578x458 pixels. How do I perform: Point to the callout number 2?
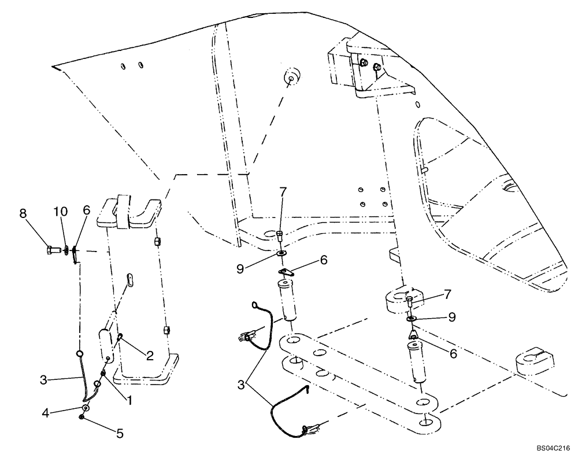coord(149,356)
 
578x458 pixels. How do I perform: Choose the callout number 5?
coord(120,432)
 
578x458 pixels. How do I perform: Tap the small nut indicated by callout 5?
coord(84,417)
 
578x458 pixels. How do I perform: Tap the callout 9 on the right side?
coord(451,317)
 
